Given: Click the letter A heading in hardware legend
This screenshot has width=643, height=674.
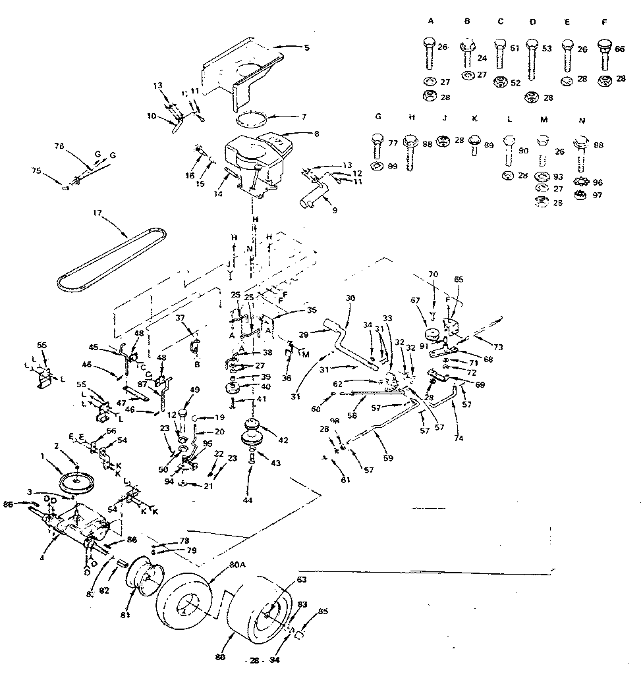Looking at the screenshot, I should coord(431,21).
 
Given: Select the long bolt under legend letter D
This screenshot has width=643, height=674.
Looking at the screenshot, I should coord(531,63).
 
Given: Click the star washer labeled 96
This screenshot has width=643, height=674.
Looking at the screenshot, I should coord(580,182).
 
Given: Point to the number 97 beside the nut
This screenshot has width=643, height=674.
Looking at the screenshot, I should coord(598,195).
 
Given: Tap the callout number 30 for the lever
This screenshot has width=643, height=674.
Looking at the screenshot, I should coord(350,298).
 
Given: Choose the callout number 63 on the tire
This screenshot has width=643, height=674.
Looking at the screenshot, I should coord(302,581).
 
